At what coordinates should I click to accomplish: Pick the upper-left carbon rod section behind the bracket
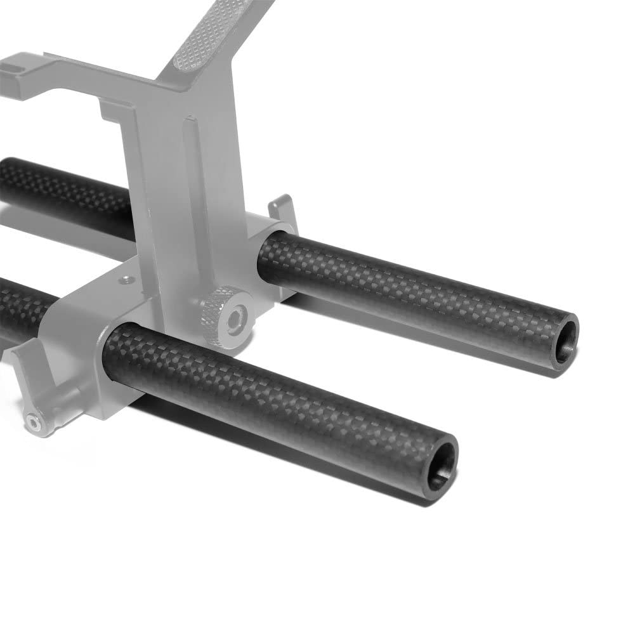(63, 193)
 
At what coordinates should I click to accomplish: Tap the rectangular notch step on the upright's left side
(111, 117)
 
